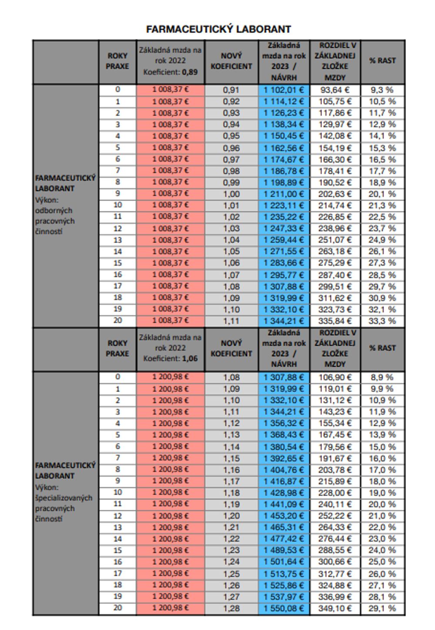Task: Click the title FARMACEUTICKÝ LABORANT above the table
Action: (218, 29)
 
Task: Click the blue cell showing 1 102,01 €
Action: (284, 90)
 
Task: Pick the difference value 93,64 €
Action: (335, 90)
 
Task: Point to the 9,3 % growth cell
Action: (382, 90)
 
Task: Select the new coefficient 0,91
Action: (231, 90)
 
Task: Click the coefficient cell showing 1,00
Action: (231, 194)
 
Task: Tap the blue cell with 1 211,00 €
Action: (284, 194)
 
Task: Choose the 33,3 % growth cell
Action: (382, 321)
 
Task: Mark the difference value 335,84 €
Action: (335, 321)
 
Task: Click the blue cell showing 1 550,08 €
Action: (284, 608)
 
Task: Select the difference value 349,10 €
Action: (335, 608)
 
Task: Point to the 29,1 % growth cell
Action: (382, 608)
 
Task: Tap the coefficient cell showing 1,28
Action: (231, 608)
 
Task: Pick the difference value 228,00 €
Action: (335, 493)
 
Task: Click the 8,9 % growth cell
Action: (382, 377)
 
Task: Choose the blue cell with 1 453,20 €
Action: (284, 516)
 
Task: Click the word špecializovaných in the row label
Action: (64, 498)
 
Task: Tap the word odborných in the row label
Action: (54, 211)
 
